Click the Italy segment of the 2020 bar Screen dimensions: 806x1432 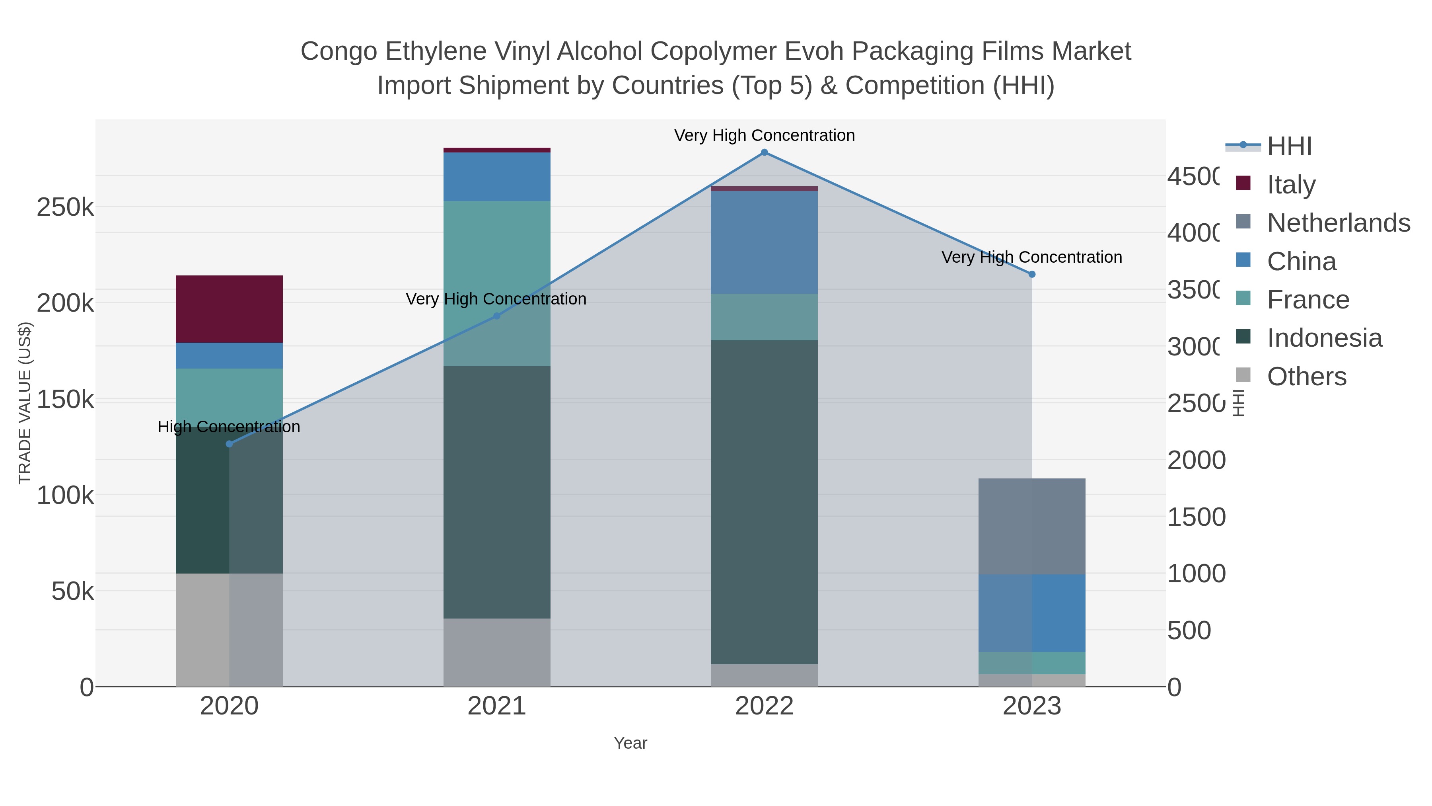229,309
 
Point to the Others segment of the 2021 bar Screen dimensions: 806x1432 496,652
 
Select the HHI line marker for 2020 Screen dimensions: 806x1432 229,444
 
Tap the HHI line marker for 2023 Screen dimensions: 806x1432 1032,274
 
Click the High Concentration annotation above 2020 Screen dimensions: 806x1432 229,427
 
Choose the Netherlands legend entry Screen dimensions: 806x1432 1338,223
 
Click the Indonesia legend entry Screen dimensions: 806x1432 1324,338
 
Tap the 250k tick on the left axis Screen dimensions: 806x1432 65,207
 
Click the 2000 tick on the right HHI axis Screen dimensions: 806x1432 1196,461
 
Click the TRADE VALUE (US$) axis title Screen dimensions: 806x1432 25,403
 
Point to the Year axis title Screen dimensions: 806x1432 630,743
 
